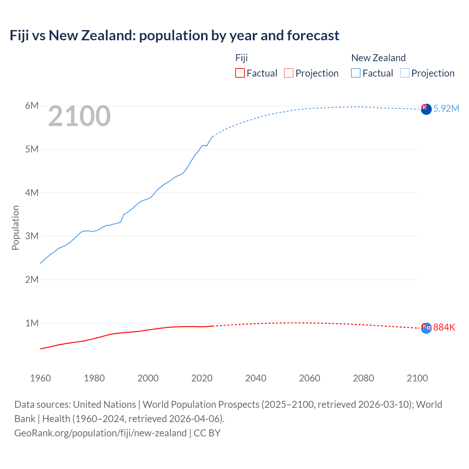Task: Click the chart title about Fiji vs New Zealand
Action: [x=174, y=36]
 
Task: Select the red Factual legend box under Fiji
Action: [x=240, y=73]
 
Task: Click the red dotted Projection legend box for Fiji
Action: [x=289, y=73]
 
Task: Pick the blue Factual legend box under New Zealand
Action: [x=356, y=73]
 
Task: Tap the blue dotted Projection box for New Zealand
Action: [x=405, y=73]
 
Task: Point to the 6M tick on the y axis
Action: [x=32, y=106]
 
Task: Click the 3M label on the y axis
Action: [x=32, y=236]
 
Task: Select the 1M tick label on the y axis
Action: [x=32, y=323]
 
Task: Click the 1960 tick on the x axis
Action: [x=40, y=378]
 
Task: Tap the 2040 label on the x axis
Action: [x=256, y=378]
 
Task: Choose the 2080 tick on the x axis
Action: [x=363, y=378]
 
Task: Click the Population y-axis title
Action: [x=15, y=228]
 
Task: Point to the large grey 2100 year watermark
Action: [x=79, y=116]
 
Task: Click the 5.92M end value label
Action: [x=446, y=108]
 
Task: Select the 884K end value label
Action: [x=444, y=327]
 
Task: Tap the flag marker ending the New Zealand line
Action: [x=426, y=109]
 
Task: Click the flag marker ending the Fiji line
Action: [x=426, y=328]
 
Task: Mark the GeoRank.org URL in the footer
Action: [x=100, y=433]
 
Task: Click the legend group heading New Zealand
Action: [x=378, y=58]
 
